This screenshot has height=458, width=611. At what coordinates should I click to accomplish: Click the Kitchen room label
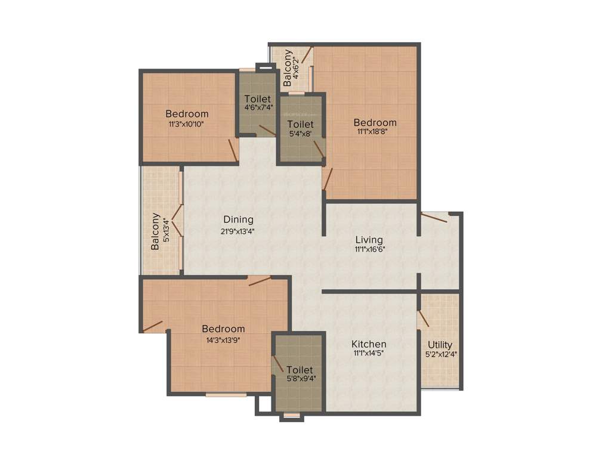(368, 344)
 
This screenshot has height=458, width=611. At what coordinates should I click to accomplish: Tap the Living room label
(368, 240)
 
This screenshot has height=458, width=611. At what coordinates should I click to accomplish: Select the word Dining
(239, 219)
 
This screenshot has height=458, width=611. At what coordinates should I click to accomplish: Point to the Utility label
(440, 345)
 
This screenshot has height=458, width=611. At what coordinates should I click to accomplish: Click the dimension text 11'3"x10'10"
(187, 125)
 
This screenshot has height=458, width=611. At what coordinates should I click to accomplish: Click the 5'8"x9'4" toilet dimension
(300, 377)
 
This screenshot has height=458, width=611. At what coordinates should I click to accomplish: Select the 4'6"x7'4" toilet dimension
(257, 108)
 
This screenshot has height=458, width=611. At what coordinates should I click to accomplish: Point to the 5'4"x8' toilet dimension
(300, 134)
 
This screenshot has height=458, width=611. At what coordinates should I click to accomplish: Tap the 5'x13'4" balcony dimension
(166, 231)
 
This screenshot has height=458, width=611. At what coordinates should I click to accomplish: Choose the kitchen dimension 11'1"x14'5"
(368, 354)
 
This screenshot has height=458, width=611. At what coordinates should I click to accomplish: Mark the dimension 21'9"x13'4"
(239, 230)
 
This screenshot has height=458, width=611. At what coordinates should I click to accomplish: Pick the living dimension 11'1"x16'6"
(368, 249)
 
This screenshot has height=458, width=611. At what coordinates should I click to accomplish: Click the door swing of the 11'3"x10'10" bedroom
(233, 150)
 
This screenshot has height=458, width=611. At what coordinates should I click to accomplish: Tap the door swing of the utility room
(423, 318)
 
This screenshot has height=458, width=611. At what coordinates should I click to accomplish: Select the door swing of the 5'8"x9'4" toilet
(277, 364)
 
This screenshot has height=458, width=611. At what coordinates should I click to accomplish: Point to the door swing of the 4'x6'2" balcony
(306, 55)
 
